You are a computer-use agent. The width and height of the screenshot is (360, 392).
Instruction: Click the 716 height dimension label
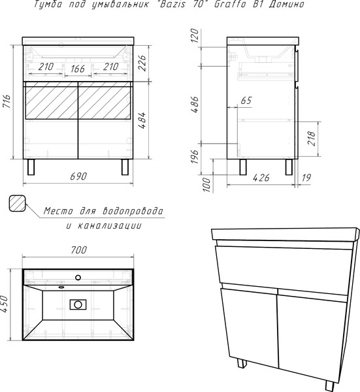pos(7,101)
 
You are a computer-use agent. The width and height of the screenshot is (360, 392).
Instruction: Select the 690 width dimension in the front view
pos(78,176)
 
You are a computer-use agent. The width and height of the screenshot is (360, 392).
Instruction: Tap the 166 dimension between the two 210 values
pos(78,69)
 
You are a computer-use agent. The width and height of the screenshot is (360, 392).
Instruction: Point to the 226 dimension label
pos(142,63)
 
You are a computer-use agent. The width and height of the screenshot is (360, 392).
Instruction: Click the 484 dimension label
pos(142,120)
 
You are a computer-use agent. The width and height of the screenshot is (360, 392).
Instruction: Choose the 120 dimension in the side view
pos(195,36)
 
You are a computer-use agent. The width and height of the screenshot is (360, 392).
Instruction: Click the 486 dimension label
pos(195,105)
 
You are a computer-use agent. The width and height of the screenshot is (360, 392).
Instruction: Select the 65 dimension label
pos(246,101)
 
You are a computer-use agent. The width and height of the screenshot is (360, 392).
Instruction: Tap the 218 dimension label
pos(312,139)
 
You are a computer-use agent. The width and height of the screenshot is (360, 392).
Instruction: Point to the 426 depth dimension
pos(261,178)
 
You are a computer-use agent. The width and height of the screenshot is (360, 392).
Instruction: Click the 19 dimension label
pos(306,178)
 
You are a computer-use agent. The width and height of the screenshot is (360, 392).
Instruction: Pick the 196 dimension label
pos(195,157)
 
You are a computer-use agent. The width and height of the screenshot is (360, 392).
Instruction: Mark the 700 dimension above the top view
pos(78,250)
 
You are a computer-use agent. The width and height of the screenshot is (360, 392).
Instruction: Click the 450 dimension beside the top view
pos(5,304)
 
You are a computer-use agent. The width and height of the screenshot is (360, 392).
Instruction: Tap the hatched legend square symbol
pos(18,203)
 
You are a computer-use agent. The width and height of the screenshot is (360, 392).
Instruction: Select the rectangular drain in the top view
pos(78,304)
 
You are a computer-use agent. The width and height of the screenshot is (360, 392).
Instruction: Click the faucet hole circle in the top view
pos(78,277)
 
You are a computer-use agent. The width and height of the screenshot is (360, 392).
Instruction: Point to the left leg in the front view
pos(31,167)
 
